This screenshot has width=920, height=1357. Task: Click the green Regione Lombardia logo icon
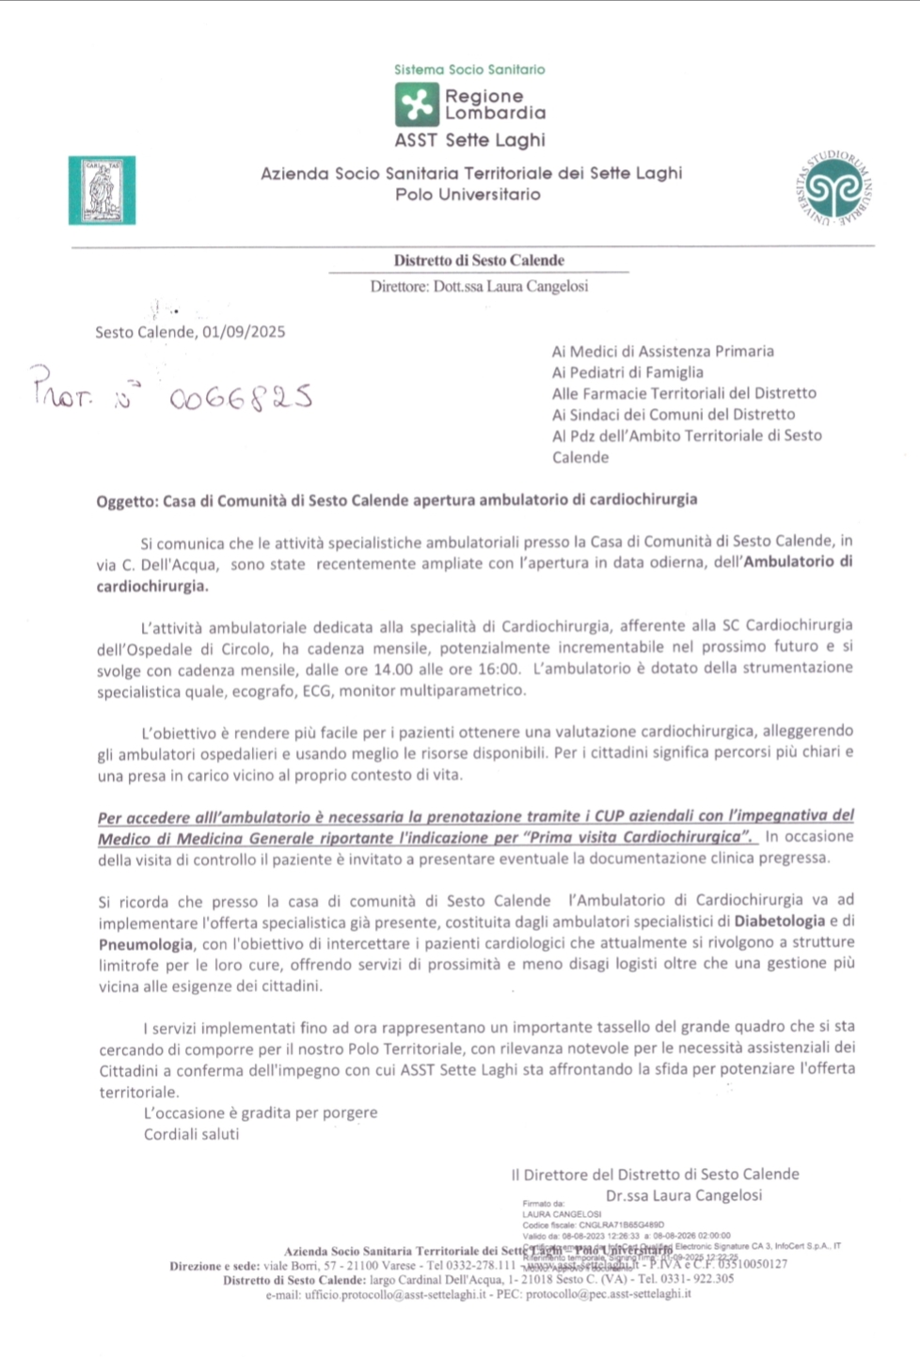point(417,104)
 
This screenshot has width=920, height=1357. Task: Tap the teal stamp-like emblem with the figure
point(102,191)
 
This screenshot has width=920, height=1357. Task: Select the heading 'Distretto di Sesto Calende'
point(479,260)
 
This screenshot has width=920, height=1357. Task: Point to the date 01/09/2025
point(244,332)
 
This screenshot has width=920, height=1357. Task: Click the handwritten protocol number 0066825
point(241,399)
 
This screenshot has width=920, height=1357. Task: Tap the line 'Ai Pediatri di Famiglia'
point(627,372)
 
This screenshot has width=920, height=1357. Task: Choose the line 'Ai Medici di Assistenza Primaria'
point(662,351)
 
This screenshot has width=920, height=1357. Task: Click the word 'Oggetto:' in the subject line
point(126,501)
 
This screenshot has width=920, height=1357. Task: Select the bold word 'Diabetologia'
point(780,921)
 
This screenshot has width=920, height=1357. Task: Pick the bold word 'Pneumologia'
point(146,944)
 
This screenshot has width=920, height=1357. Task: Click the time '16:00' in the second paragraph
point(500,669)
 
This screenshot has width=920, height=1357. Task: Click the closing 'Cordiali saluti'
point(191,1134)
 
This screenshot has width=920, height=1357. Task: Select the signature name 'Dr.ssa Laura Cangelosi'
point(684,1195)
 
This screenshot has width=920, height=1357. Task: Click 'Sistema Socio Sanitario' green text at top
point(469,70)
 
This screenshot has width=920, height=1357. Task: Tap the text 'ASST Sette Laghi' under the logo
point(469,140)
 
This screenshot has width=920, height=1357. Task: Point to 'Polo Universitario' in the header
point(468,195)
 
